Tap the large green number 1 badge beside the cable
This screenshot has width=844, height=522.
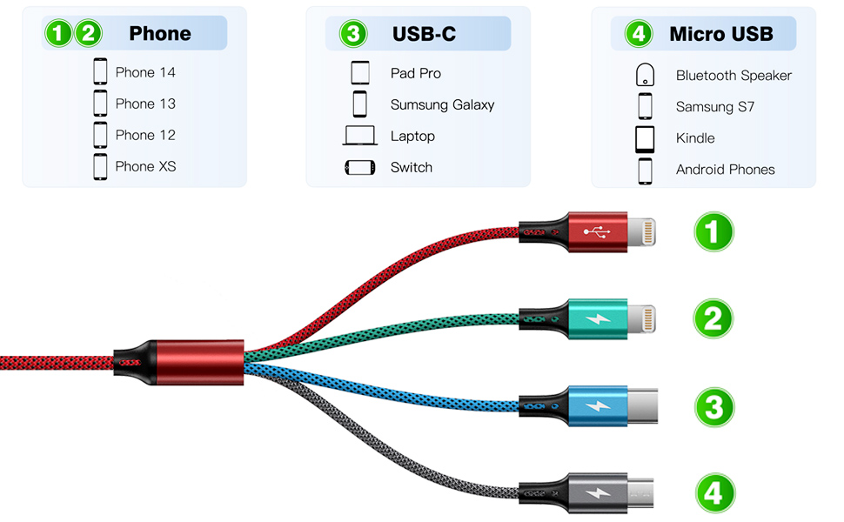[x=713, y=232]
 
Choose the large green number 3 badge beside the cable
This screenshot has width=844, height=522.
[x=713, y=407]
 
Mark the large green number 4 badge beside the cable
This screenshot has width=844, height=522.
[x=713, y=494]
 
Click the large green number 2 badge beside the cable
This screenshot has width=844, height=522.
[x=713, y=319]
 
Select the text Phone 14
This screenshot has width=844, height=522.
[x=145, y=72]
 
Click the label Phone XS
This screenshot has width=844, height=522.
[x=145, y=166]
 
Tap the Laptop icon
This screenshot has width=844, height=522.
[x=360, y=136]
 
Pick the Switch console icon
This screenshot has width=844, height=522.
[x=360, y=167]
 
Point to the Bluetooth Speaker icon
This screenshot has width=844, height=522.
[x=645, y=75]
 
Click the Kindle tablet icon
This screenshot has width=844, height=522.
[x=645, y=138]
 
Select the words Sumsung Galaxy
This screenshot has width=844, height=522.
[x=442, y=104]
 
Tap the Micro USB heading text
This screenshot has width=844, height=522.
[x=720, y=34]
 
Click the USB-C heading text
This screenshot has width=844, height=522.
[x=424, y=34]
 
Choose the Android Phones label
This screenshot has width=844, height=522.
[x=725, y=170]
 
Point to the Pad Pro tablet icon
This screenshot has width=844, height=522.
[x=360, y=72]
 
